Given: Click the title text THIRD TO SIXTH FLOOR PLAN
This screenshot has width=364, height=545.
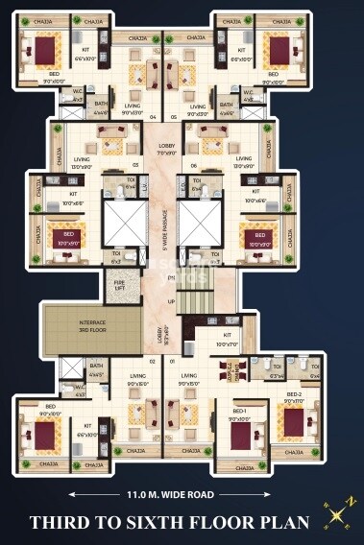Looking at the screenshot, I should pyautogui.click(x=168, y=523).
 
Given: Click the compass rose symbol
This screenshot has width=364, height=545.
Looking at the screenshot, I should pyautogui.click(x=338, y=514).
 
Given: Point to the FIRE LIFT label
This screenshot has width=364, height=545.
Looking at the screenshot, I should pyautogui.click(x=119, y=285).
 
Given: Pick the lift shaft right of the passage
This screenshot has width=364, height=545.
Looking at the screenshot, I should pyautogui.click(x=197, y=222).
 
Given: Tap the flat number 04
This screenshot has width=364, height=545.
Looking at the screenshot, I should pyautogui.click(x=154, y=117).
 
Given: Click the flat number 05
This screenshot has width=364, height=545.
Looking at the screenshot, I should pyautogui.click(x=173, y=117).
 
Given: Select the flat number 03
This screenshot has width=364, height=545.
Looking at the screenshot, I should pyautogui.click(x=135, y=164).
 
